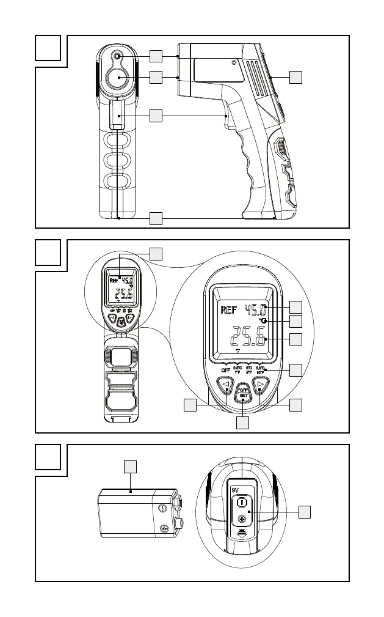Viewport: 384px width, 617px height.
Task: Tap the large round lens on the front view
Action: (118, 79)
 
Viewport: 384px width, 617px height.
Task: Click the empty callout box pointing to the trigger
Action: (156, 114)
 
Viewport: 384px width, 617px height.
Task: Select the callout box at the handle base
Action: (156, 217)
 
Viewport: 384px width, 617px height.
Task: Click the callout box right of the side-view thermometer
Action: (295, 76)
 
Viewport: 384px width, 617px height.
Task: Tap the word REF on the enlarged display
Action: (230, 310)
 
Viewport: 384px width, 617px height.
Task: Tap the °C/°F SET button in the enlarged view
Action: (243, 393)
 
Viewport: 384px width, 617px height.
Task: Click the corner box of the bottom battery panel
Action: (48, 457)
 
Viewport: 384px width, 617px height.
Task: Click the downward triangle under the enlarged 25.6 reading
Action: (237, 353)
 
